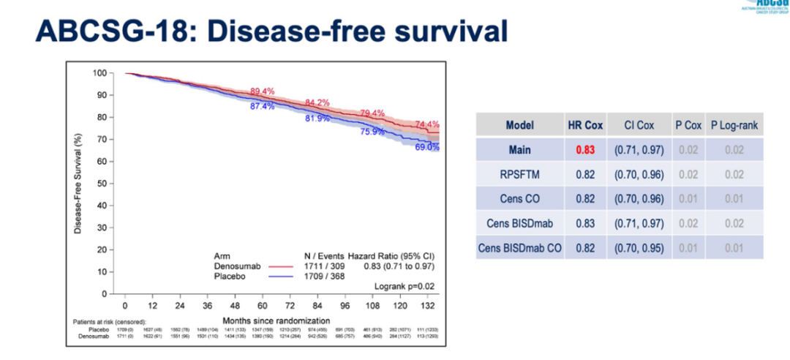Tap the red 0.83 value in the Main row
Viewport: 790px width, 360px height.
click(x=584, y=149)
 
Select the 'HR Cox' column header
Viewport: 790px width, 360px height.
click(x=584, y=125)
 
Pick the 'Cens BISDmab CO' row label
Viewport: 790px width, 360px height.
click(x=519, y=248)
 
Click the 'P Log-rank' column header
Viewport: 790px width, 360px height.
click(x=735, y=125)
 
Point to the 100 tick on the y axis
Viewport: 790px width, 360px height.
click(x=99, y=72)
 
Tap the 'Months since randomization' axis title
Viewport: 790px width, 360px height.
click(x=276, y=320)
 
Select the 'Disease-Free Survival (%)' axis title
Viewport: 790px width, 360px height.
click(x=77, y=184)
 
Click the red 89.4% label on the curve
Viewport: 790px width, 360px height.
click(x=263, y=91)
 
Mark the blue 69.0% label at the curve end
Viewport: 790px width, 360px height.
click(x=427, y=147)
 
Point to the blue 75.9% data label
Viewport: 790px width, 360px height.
click(x=372, y=132)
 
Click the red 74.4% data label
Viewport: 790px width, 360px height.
click(x=427, y=124)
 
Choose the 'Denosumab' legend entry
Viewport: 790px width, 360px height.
click(x=233, y=267)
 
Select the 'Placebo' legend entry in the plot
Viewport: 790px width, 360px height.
click(x=227, y=277)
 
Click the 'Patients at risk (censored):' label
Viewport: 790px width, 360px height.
click(x=109, y=322)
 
